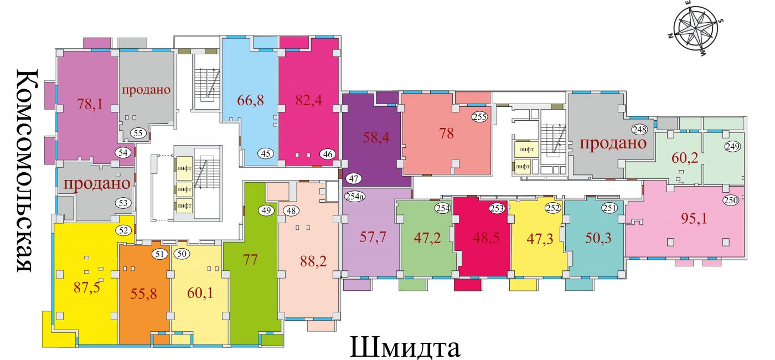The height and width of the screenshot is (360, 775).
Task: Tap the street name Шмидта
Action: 405,347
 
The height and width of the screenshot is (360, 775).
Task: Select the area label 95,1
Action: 694,219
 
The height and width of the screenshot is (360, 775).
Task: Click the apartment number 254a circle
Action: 355,196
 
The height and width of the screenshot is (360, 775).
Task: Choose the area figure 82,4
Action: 309,100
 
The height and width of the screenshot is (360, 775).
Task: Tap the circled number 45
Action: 266,153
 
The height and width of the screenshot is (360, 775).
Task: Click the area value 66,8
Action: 250,100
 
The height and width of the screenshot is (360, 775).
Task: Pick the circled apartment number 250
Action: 731,200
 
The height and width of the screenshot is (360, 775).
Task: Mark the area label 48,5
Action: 486,238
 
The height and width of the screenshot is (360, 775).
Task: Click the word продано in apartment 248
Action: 613,143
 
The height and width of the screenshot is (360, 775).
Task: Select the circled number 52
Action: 123,230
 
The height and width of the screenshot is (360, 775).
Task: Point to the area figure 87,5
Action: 87,287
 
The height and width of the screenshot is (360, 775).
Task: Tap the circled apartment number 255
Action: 480,117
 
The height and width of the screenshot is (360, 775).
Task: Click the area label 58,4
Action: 376,137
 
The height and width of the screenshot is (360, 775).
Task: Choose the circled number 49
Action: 266,210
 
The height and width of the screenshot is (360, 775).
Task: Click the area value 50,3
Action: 598,238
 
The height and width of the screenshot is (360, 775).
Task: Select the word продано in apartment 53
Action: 97,183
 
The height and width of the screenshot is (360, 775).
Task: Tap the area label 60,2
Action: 685,158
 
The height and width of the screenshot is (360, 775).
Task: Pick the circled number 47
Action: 354,178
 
